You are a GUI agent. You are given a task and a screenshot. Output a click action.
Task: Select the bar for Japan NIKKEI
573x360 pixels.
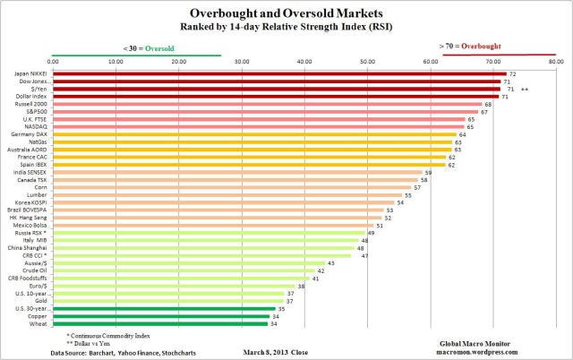(278, 73)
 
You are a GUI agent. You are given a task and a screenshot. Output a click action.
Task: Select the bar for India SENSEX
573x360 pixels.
(237, 172)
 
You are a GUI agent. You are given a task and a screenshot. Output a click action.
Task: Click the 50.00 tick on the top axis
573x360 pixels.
(368, 61)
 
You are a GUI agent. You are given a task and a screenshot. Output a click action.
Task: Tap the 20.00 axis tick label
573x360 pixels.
(178, 61)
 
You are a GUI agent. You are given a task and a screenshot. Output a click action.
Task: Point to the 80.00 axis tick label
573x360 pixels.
(556, 61)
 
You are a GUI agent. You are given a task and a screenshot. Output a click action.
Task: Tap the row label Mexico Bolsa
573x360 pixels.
(32, 225)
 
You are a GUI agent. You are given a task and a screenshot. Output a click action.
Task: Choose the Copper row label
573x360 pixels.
(38, 316)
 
